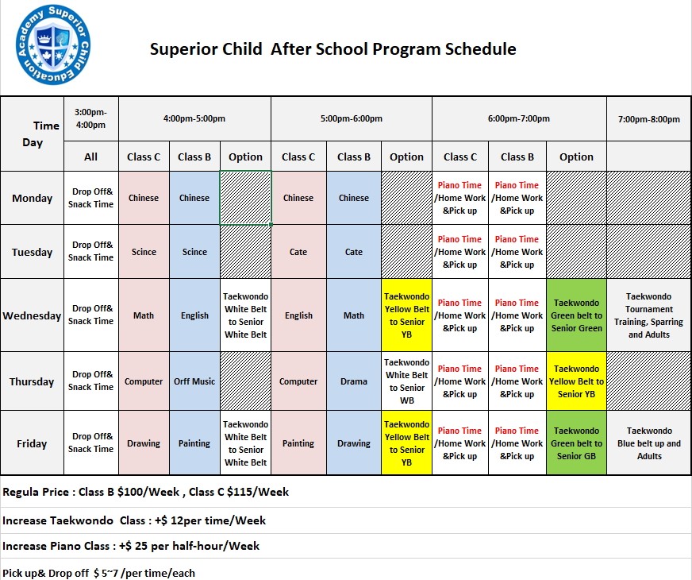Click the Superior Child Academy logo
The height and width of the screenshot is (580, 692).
tap(53, 44)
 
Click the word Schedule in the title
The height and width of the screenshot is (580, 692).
tap(480, 48)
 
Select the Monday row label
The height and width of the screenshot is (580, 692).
tap(32, 198)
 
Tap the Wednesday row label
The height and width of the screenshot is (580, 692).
tap(32, 315)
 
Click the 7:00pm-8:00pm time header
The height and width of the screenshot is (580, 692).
tap(649, 119)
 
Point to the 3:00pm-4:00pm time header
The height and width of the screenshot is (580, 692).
tap(91, 118)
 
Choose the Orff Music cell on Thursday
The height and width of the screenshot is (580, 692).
tap(194, 381)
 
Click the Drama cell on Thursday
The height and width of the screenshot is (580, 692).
tap(353, 381)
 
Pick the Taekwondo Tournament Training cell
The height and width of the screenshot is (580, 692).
tap(649, 315)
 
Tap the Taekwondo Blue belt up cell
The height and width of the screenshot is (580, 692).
tap(649, 443)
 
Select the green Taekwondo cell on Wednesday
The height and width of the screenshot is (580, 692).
tap(576, 315)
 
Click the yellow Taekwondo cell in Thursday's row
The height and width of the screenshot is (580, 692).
tap(576, 381)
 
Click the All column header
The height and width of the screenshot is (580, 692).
tap(91, 157)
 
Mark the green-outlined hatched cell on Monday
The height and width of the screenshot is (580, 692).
tap(245, 198)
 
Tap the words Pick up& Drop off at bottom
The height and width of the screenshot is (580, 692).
tap(45, 573)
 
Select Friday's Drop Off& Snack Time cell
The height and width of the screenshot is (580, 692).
tap(91, 443)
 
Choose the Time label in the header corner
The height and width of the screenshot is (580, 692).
tap(46, 126)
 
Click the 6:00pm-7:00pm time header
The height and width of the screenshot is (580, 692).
tap(518, 118)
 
